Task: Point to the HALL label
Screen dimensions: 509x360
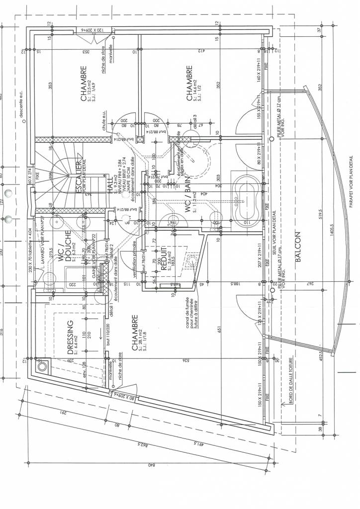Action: click(111, 184)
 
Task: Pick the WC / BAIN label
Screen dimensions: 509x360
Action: click(189, 193)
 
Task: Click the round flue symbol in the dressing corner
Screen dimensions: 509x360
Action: click(42, 368)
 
